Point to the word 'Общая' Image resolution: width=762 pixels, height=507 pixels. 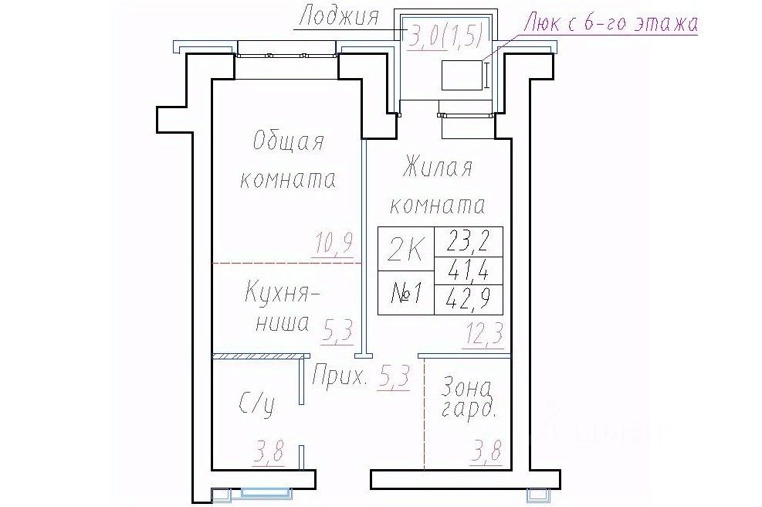click(x=288, y=142)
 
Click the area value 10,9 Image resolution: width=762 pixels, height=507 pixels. click(x=334, y=244)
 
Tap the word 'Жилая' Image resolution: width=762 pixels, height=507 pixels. click(x=437, y=168)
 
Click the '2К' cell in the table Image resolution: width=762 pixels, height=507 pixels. click(x=406, y=249)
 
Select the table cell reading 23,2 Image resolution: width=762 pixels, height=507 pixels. click(x=469, y=243)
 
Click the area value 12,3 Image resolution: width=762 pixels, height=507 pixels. click(x=484, y=335)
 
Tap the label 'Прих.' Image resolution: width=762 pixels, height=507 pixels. click(x=339, y=378)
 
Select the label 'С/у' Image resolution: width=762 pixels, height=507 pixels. click(x=256, y=403)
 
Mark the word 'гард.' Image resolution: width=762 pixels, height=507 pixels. click(x=469, y=410)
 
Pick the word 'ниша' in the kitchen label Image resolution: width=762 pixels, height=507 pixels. click(x=281, y=323)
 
